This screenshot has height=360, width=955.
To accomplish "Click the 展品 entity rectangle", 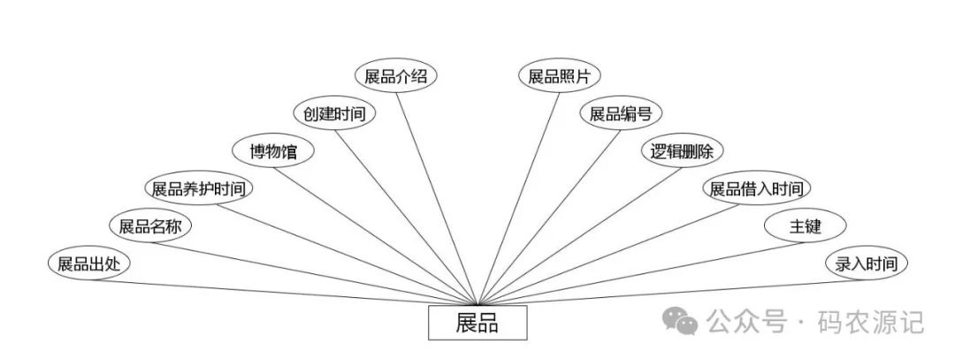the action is click(477, 323).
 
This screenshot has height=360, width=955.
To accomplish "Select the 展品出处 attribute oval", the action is click(88, 264).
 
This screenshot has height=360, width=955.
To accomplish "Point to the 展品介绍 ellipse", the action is click(396, 76).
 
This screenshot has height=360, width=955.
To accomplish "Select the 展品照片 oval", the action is click(559, 76).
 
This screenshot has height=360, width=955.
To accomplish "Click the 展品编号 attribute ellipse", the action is click(621, 114).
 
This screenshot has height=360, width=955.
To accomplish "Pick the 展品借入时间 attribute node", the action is click(756, 188).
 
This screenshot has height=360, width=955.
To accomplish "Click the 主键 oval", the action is click(805, 226).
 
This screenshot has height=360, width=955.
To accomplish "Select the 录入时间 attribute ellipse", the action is click(867, 264).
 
